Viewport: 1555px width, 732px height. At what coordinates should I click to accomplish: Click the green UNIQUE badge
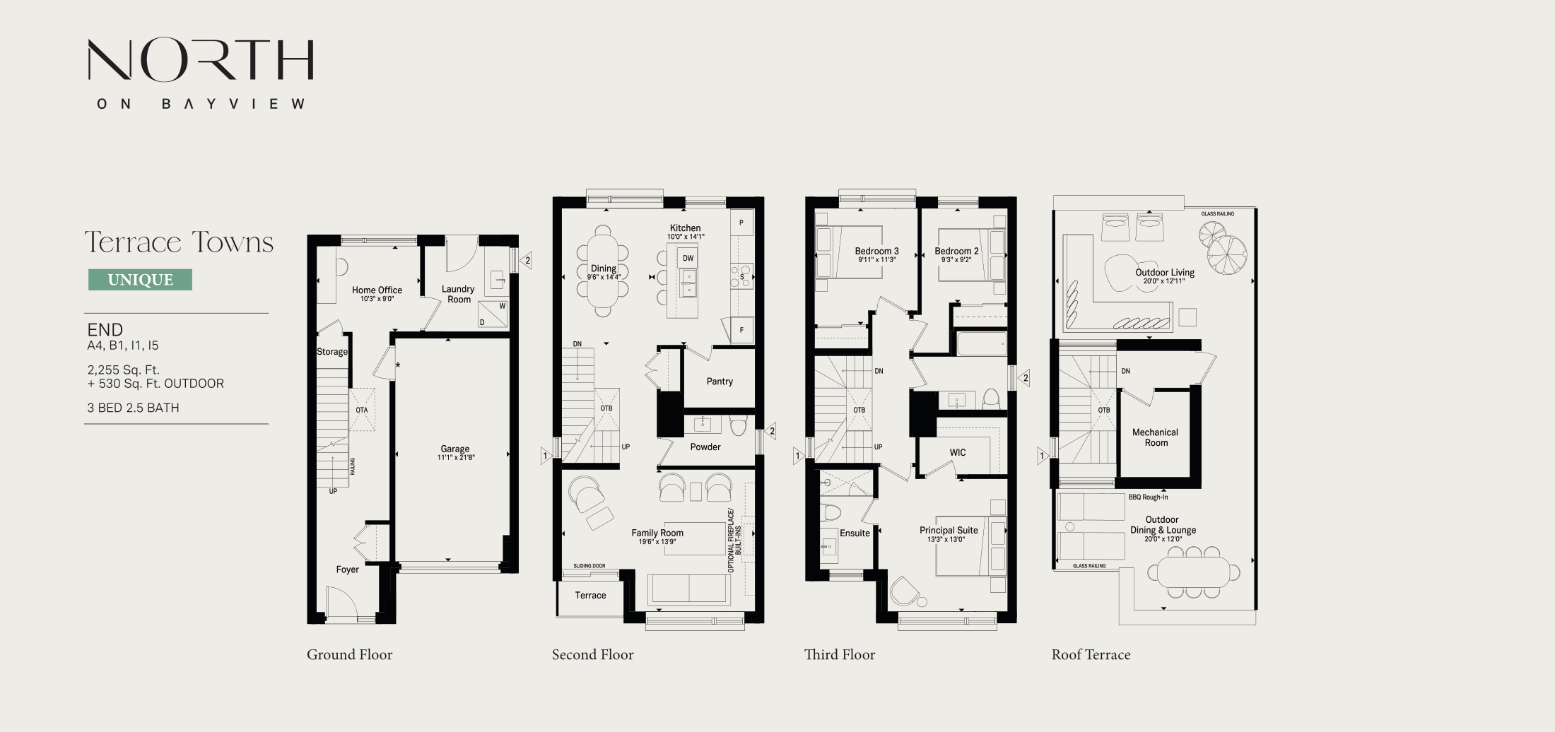pyautogui.click(x=140, y=280)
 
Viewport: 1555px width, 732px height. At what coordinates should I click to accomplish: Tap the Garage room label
pyautogui.click(x=455, y=449)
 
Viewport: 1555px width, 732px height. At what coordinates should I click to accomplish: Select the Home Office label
pyautogui.click(x=377, y=290)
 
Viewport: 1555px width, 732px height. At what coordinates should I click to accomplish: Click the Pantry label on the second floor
pyautogui.click(x=720, y=382)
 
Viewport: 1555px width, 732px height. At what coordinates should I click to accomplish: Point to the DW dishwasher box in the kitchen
pyautogui.click(x=688, y=258)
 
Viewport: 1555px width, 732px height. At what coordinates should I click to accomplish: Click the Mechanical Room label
pyautogui.click(x=1155, y=437)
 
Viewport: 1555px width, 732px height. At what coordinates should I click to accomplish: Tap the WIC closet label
pyautogui.click(x=958, y=453)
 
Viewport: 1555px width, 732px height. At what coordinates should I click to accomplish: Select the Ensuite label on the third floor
pyautogui.click(x=855, y=533)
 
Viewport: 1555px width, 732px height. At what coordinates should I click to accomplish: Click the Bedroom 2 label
pyautogui.click(x=956, y=252)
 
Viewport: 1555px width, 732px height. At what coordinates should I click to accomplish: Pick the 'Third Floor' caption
pyautogui.click(x=840, y=655)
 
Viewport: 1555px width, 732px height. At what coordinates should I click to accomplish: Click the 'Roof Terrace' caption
pyautogui.click(x=1091, y=655)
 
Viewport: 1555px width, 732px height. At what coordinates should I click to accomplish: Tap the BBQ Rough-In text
pyautogui.click(x=1148, y=497)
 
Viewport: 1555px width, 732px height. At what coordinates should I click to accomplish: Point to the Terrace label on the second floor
pyautogui.click(x=590, y=596)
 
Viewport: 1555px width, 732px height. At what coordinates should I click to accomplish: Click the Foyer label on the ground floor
pyautogui.click(x=347, y=569)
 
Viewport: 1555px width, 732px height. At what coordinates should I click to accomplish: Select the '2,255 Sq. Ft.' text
pyautogui.click(x=124, y=370)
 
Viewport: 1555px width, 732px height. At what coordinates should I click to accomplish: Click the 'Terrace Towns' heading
pyautogui.click(x=179, y=242)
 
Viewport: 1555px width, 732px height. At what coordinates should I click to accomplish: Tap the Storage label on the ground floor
pyautogui.click(x=332, y=352)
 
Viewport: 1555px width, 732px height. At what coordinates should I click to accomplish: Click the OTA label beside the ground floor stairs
pyautogui.click(x=362, y=411)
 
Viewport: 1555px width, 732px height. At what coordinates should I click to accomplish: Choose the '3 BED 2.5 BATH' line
pyautogui.click(x=133, y=408)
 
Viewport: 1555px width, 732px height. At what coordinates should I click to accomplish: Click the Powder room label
pyautogui.click(x=705, y=447)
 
